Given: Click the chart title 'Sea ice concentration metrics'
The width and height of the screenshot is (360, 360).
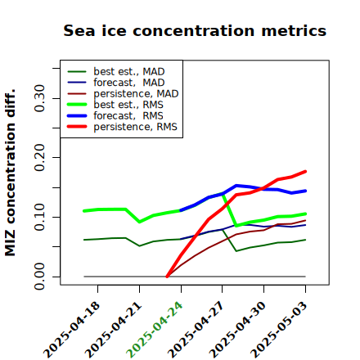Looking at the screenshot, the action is [x=195, y=30].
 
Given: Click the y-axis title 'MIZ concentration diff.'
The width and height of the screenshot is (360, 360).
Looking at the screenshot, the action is [x=10, y=173].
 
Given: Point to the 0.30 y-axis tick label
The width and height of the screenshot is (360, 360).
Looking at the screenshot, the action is [x=40, y=98].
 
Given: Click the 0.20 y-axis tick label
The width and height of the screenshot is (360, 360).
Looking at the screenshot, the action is [x=40, y=158].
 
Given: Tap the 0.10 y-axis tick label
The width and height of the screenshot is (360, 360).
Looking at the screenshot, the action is [x=40, y=217].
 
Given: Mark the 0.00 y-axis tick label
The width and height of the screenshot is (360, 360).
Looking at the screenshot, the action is [x=40, y=277].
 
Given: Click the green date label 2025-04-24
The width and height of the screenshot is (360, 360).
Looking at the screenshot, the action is [x=155, y=330].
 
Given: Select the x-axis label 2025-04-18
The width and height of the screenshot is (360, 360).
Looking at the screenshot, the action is [x=71, y=330].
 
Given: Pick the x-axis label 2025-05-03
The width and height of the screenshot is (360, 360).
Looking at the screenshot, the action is [x=279, y=330].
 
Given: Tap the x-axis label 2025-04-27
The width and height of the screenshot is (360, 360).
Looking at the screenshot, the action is [x=196, y=330].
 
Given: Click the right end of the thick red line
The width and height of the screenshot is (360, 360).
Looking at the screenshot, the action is [x=305, y=172].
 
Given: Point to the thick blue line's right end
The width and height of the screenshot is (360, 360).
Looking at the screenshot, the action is [x=305, y=191].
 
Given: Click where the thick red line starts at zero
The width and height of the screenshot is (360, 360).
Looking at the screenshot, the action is [x=167, y=277].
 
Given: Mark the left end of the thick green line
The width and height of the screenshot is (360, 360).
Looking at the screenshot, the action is [x=84, y=211].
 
